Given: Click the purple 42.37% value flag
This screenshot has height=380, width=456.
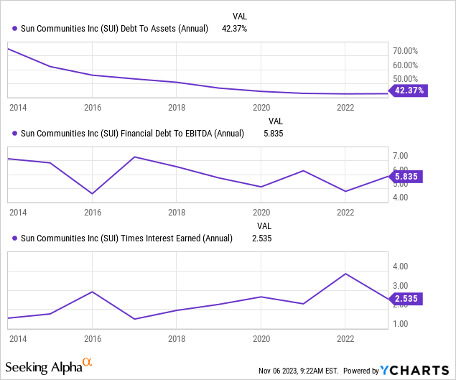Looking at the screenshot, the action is [x=409, y=91].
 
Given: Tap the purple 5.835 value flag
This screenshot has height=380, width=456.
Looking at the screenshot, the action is [x=406, y=176].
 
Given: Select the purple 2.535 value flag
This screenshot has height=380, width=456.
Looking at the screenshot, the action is [x=406, y=299].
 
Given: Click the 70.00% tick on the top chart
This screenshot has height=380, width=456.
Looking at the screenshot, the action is [x=405, y=51].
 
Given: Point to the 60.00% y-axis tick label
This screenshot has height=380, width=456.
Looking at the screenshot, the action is [x=405, y=65].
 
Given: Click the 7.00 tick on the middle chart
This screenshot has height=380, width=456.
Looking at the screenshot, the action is [x=401, y=156].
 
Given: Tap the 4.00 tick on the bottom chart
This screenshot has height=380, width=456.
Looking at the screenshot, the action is [x=401, y=267].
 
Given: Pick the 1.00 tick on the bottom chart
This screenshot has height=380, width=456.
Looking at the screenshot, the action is [x=401, y=323].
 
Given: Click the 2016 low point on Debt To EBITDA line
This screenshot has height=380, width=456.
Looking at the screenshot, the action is [x=92, y=193].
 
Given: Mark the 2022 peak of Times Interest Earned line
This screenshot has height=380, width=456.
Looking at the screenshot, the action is [x=345, y=274].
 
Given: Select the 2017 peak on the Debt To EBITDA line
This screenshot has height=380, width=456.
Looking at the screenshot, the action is [x=134, y=157].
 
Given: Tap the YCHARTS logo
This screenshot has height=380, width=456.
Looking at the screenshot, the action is [x=414, y=370].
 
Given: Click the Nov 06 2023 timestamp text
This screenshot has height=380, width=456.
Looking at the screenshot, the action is [x=299, y=371].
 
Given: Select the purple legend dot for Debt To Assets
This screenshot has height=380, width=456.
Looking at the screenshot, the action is [x=14, y=29].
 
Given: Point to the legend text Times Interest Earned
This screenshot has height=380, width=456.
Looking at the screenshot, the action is [x=161, y=238].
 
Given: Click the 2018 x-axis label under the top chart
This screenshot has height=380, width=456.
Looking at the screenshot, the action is [x=177, y=108].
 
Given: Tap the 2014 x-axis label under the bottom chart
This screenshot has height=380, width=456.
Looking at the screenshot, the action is [x=18, y=338].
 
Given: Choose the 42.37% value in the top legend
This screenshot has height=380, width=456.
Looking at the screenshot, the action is [x=234, y=29].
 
